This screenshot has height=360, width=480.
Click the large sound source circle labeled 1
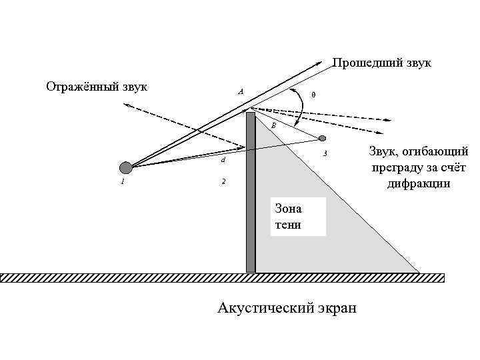pos(126,167)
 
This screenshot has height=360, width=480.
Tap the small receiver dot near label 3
pos(323,139)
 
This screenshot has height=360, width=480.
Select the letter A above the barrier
pos(241,91)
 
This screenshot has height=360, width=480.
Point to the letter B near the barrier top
pos(273,125)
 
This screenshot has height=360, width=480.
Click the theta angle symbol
pos(313,95)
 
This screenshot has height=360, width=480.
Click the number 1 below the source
pos(123,181)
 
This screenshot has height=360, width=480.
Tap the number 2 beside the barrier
pos(223,181)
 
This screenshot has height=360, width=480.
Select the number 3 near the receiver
pos(325,155)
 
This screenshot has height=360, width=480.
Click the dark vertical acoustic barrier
pos(251,193)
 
